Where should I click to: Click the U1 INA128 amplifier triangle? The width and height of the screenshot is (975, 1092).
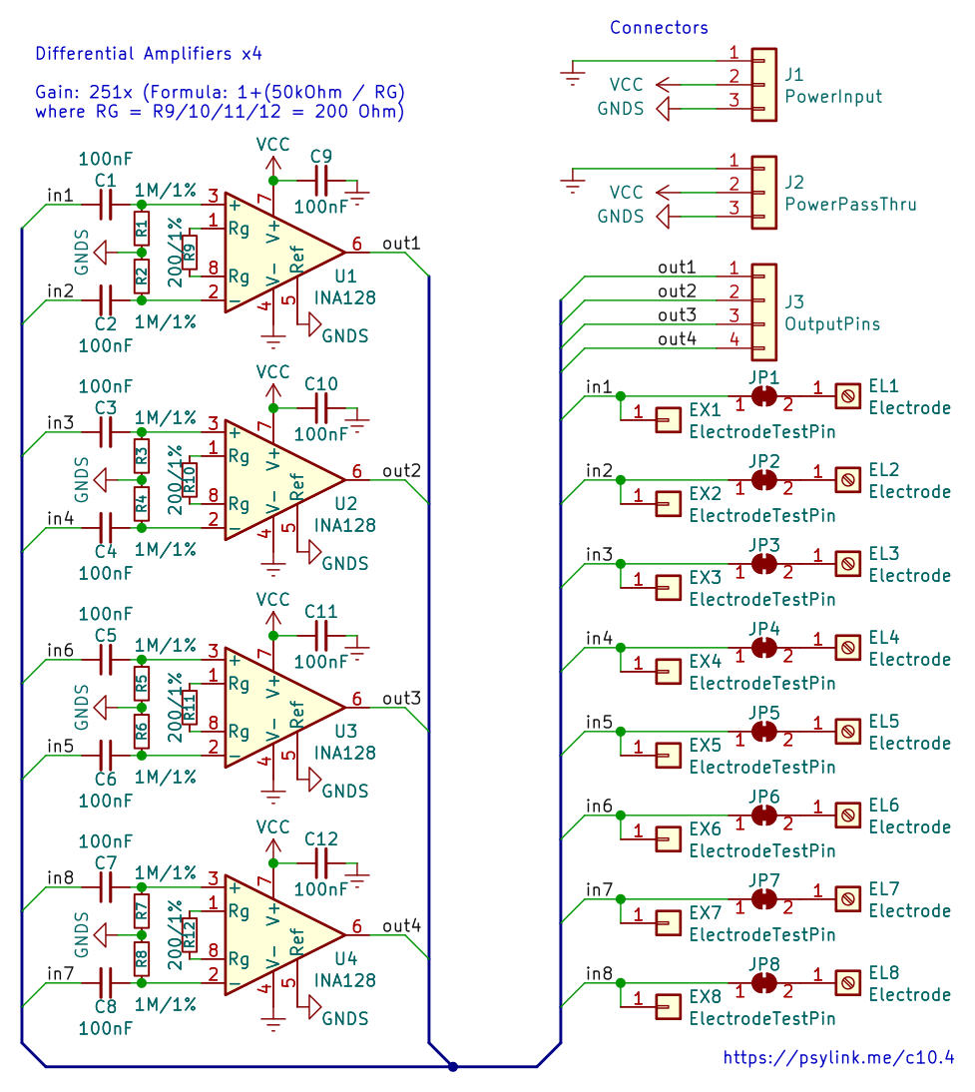(278, 253)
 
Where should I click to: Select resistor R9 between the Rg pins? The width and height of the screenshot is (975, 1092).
(190, 253)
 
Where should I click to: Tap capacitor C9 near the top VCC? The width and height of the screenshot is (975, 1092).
(321, 181)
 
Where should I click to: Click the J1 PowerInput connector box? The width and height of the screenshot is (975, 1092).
(764, 84)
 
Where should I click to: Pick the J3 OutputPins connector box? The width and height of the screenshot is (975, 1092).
(764, 312)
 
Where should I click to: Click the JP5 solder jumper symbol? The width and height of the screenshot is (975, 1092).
(764, 732)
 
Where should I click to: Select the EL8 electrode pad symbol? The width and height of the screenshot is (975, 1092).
(847, 982)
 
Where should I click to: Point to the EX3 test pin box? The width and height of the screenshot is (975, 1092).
(668, 587)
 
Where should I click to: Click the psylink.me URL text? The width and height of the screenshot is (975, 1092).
(838, 1057)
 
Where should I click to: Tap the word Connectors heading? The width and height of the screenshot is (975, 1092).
(659, 27)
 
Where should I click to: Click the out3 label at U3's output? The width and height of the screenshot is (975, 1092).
(402, 698)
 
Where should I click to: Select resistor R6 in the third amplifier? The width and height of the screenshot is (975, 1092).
(142, 732)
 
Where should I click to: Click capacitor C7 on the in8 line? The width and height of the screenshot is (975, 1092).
(106, 887)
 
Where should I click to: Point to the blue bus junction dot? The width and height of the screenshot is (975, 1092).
(453, 1066)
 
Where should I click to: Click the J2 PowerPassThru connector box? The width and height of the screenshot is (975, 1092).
(764, 193)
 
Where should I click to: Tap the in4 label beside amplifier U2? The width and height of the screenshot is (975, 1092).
(60, 518)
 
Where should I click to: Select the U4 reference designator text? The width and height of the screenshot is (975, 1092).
(346, 958)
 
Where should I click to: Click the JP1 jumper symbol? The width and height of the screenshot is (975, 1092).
(764, 395)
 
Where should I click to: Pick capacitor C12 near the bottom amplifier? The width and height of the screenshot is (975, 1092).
(321, 863)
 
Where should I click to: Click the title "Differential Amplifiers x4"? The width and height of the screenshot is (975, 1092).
(149, 54)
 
